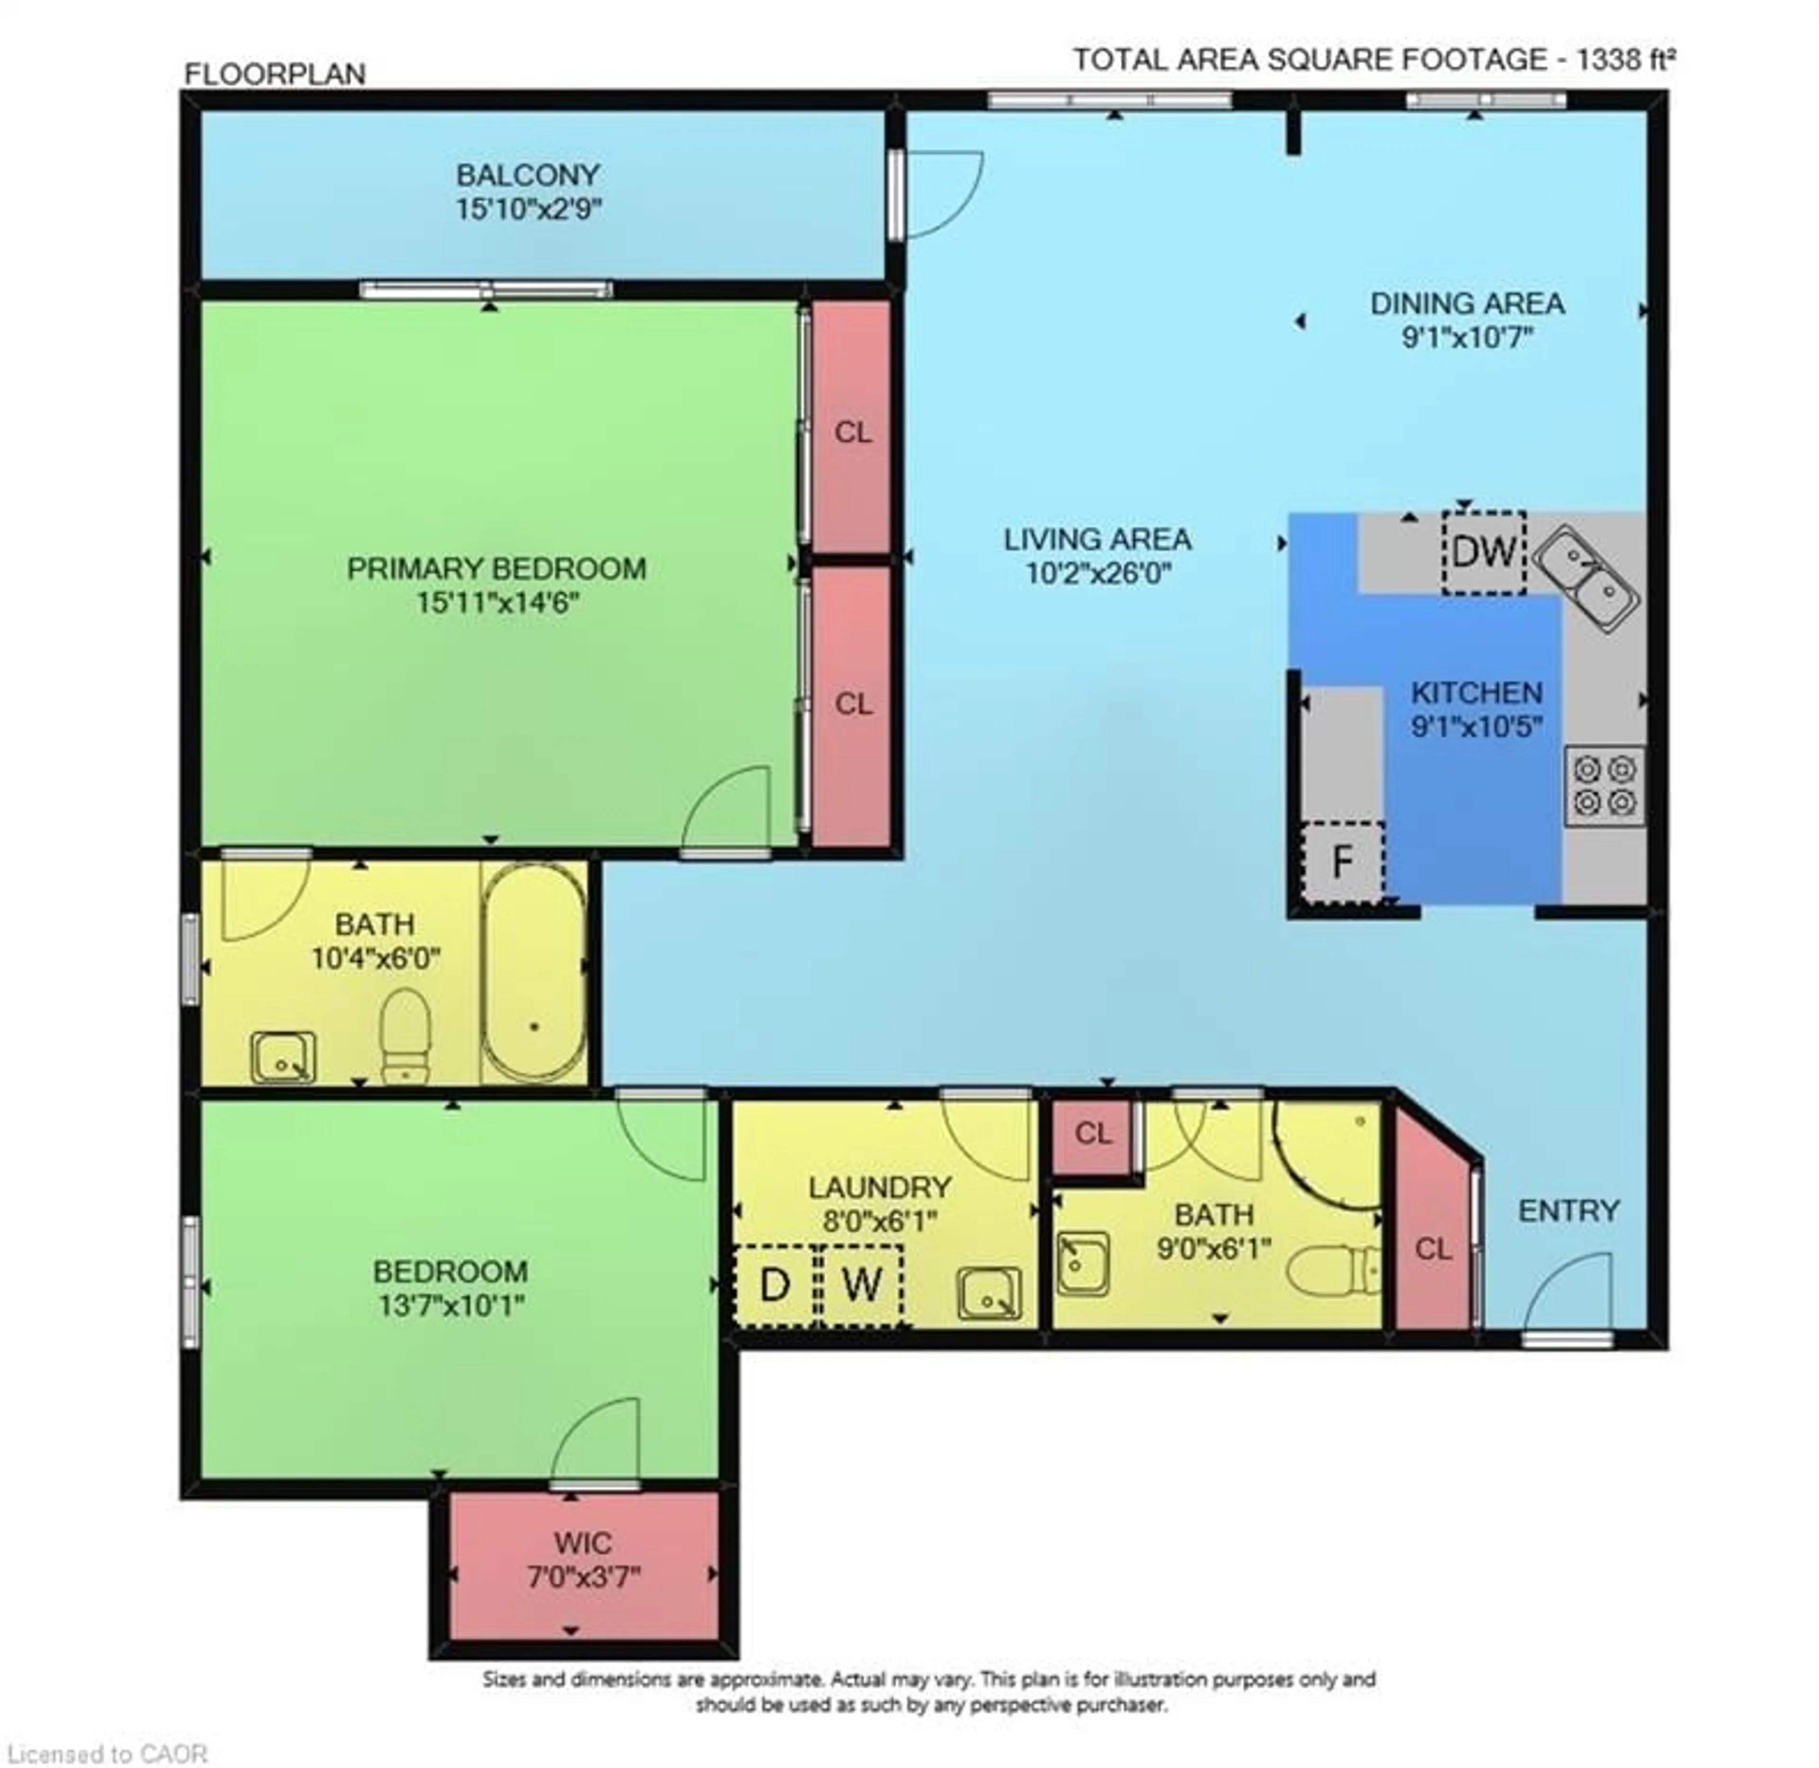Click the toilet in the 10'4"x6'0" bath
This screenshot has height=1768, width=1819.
pos(406,1035)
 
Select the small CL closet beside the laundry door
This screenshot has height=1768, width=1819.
pos(1093,1133)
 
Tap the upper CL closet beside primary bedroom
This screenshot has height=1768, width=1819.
pos(852,432)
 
